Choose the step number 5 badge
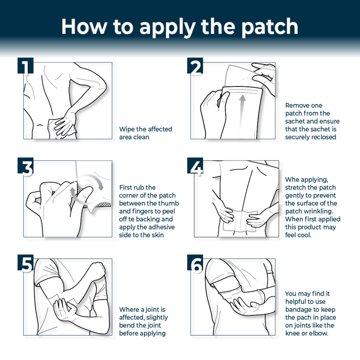click(26, 265)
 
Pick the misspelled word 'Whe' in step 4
click(293, 180)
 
